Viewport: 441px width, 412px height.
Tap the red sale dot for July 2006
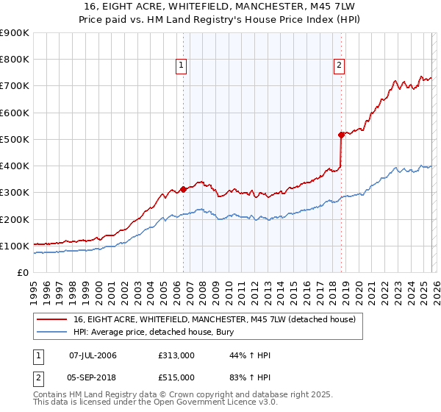point(183,189)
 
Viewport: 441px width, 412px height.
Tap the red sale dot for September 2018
point(341,135)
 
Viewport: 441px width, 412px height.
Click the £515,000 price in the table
point(176,377)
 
